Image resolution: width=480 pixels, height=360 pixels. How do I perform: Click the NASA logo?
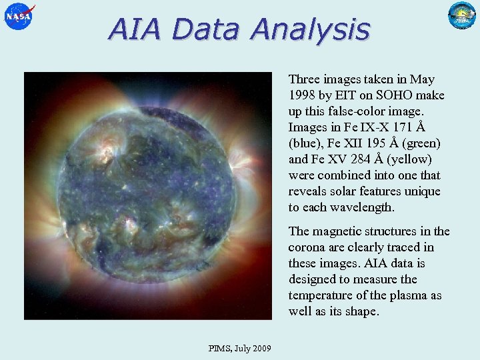pyautogui.click(x=18, y=16)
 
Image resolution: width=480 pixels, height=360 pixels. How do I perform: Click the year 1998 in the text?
pyautogui.click(x=302, y=95)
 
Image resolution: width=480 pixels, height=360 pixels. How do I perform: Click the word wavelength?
pyautogui.click(x=363, y=207)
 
